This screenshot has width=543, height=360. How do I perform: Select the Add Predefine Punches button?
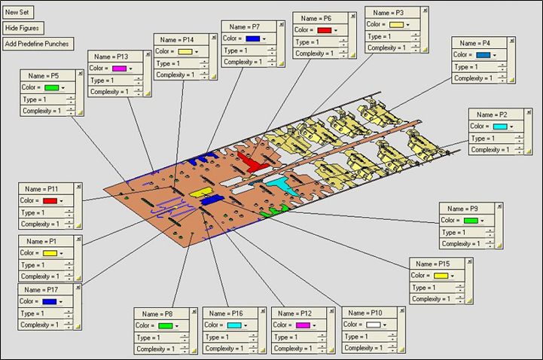[37, 44]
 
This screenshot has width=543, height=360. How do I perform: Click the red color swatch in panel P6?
[324, 30]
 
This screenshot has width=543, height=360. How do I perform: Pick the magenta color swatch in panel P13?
[119, 69]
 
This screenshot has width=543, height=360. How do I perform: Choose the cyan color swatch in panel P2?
[500, 127]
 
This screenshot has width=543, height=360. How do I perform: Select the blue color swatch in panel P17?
[50, 301]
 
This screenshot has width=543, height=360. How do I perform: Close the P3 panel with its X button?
[425, 11]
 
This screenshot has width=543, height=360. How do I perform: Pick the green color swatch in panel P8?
[166, 325]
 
